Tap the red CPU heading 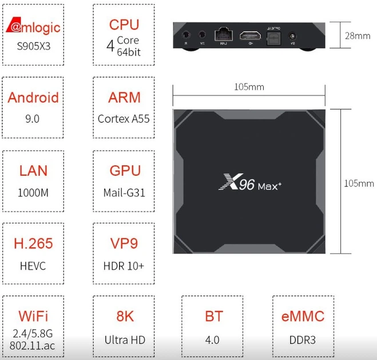(x=124, y=25)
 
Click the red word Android (x=33, y=97)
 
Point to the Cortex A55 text (x=124, y=119)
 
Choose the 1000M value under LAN (x=33, y=192)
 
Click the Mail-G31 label (x=124, y=192)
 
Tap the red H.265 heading (x=33, y=244)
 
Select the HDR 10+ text (x=124, y=266)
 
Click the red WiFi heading (x=33, y=316)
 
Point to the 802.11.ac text (x=33, y=346)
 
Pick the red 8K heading (x=124, y=316)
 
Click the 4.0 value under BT (x=212, y=340)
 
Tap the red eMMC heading (x=303, y=316)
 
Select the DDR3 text (x=303, y=340)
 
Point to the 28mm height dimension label (x=358, y=36)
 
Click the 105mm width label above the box (x=249, y=87)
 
